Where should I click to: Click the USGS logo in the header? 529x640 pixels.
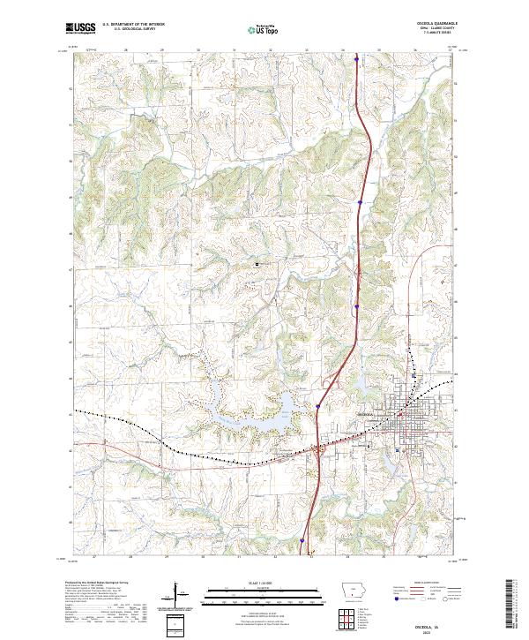80,28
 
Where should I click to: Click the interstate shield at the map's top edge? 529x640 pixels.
356,61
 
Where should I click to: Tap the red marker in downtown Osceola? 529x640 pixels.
400,413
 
